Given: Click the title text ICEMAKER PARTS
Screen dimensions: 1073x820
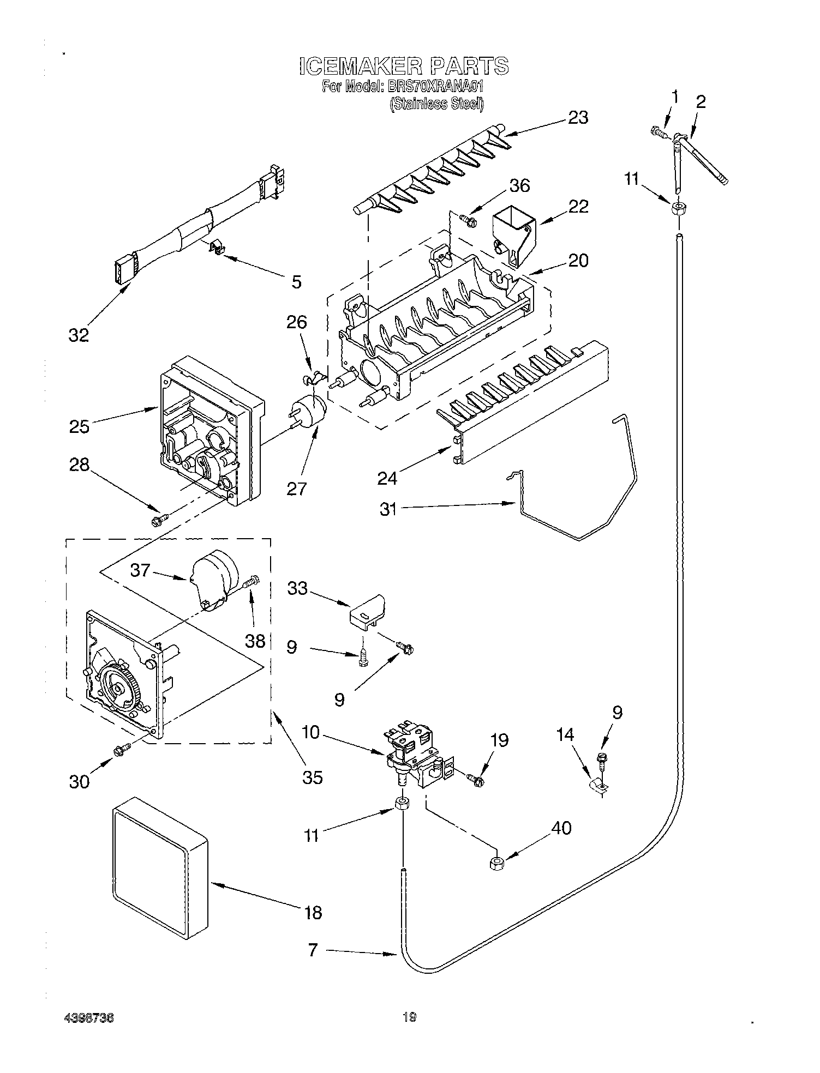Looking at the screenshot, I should (404, 66).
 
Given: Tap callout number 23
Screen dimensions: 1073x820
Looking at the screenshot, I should (578, 117).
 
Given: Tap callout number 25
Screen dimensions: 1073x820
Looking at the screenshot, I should (79, 426).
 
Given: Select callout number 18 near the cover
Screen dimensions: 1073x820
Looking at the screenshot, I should (313, 912).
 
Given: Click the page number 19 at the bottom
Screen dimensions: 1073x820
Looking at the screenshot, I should (409, 1016).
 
